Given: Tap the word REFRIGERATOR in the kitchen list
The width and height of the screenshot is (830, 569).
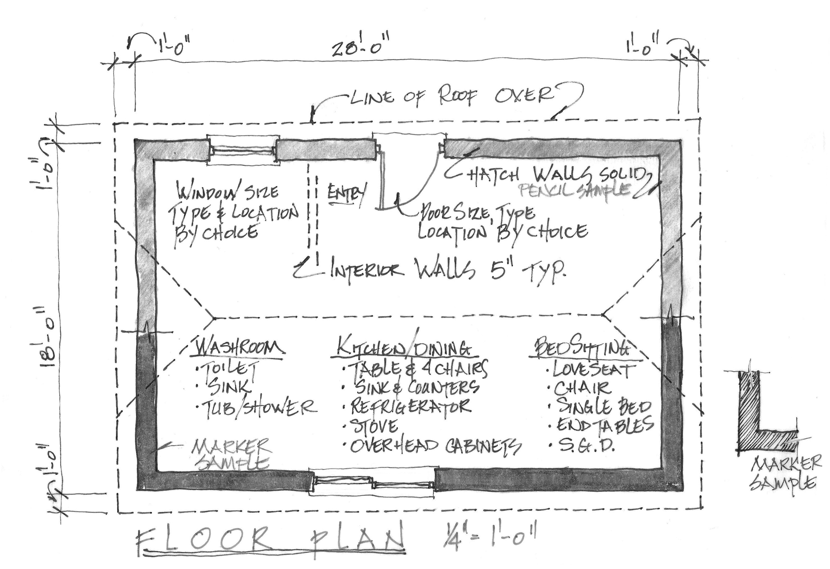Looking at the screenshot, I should [x=411, y=406].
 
